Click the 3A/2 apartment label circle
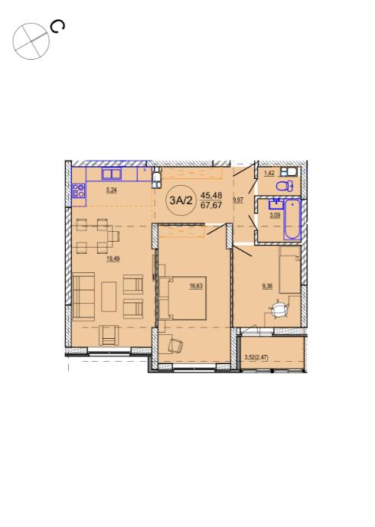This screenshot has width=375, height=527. (181, 201)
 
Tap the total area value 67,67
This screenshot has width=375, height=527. (211, 205)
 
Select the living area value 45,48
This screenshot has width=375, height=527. (211, 194)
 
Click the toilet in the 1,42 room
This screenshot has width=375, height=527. (285, 186)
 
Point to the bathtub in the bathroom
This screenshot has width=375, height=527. (292, 219)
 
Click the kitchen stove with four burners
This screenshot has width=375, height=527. (79, 190)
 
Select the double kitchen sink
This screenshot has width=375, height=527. (112, 174)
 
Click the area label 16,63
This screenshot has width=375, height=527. (196, 286)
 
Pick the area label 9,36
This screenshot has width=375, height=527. (267, 286)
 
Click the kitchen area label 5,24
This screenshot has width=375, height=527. (112, 190)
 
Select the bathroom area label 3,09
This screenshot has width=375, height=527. (275, 216)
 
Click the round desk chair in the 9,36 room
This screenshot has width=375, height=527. (279, 310)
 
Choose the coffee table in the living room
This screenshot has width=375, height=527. (109, 297)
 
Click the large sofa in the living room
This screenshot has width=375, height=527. (83, 297)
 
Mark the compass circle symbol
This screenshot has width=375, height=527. (31, 41)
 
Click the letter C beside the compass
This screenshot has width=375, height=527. (57, 27)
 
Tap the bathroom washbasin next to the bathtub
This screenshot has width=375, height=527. (276, 204)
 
